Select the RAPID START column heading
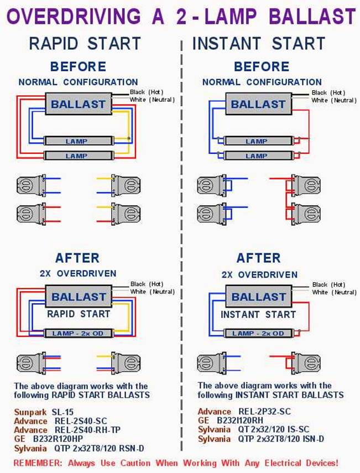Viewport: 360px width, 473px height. [x=85, y=43]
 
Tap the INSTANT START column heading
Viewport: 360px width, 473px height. [x=259, y=43]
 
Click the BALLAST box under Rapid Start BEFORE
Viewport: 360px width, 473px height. [x=78, y=104]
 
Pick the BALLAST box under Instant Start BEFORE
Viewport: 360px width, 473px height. [x=258, y=104]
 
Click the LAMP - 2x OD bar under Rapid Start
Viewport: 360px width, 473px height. [x=79, y=334]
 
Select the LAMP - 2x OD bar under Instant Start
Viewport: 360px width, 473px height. [x=258, y=334]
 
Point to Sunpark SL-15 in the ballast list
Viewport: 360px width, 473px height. [x=44, y=412]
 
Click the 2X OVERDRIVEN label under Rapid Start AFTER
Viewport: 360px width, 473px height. [x=78, y=273]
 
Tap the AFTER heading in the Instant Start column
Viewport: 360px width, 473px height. [x=258, y=258]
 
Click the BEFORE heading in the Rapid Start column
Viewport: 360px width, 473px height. [x=78, y=67]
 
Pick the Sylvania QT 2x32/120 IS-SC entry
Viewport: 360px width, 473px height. [x=258, y=430]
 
